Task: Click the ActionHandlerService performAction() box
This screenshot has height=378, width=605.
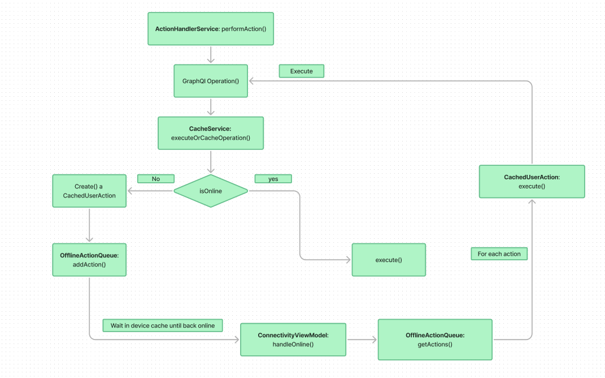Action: click(210, 29)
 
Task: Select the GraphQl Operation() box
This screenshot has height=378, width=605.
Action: click(211, 81)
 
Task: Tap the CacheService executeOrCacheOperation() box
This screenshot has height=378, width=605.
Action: click(211, 133)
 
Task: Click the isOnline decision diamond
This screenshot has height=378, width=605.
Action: click(211, 191)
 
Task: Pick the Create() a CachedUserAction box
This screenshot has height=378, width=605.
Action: click(89, 191)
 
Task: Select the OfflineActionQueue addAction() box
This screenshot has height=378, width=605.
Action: click(89, 260)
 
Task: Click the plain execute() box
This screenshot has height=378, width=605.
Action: click(389, 260)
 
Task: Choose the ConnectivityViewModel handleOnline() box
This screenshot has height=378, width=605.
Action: click(293, 340)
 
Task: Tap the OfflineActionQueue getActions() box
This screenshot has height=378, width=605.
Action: click(435, 340)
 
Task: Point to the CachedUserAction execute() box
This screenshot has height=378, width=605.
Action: click(532, 181)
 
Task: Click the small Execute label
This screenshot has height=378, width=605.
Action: click(302, 71)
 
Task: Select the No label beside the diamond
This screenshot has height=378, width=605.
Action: click(156, 179)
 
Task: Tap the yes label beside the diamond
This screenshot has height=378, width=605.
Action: click(273, 179)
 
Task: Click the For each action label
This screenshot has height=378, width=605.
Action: click(499, 254)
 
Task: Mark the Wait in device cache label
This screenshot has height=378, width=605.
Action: click(163, 325)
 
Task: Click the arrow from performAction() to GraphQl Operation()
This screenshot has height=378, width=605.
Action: click(211, 54)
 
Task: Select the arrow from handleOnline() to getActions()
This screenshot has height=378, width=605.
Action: click(362, 340)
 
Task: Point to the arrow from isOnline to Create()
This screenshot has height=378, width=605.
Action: click(150, 191)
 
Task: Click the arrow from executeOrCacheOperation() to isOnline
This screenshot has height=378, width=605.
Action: click(211, 161)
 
